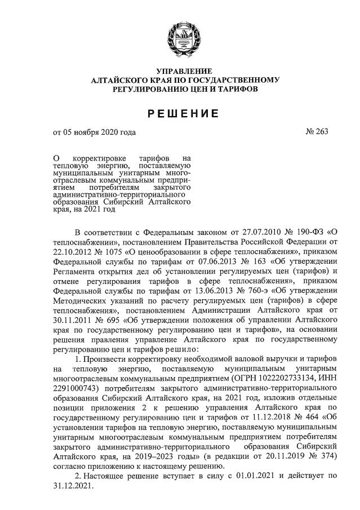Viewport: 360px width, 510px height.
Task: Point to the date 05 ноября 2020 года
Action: click(100, 133)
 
